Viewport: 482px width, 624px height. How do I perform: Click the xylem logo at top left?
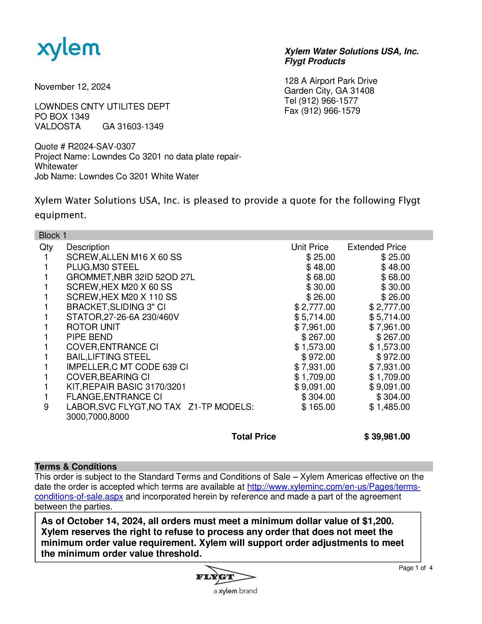tap(69, 50)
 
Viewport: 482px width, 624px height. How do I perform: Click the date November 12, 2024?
tap(73, 87)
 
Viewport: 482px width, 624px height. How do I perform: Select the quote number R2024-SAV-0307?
tap(101, 146)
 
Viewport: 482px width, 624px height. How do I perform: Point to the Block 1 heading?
tap(53, 235)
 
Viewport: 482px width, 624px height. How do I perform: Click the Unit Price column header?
tap(309, 247)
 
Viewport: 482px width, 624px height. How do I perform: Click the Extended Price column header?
tap(377, 247)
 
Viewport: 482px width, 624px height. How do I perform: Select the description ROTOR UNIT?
tap(93, 327)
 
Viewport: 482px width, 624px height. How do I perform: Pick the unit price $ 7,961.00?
tap(315, 327)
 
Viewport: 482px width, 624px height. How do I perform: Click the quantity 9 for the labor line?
tap(46, 407)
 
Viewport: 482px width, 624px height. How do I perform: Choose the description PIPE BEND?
tap(89, 337)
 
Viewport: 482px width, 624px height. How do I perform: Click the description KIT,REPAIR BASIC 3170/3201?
tap(126, 387)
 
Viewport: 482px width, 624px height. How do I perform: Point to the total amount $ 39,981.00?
tap(387, 437)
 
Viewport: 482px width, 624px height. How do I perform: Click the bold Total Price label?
tap(254, 437)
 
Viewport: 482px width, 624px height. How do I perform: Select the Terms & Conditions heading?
tap(76, 466)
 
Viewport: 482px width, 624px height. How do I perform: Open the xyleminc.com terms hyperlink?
tap(333, 487)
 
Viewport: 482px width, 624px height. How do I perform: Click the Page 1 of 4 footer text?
tap(415, 568)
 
